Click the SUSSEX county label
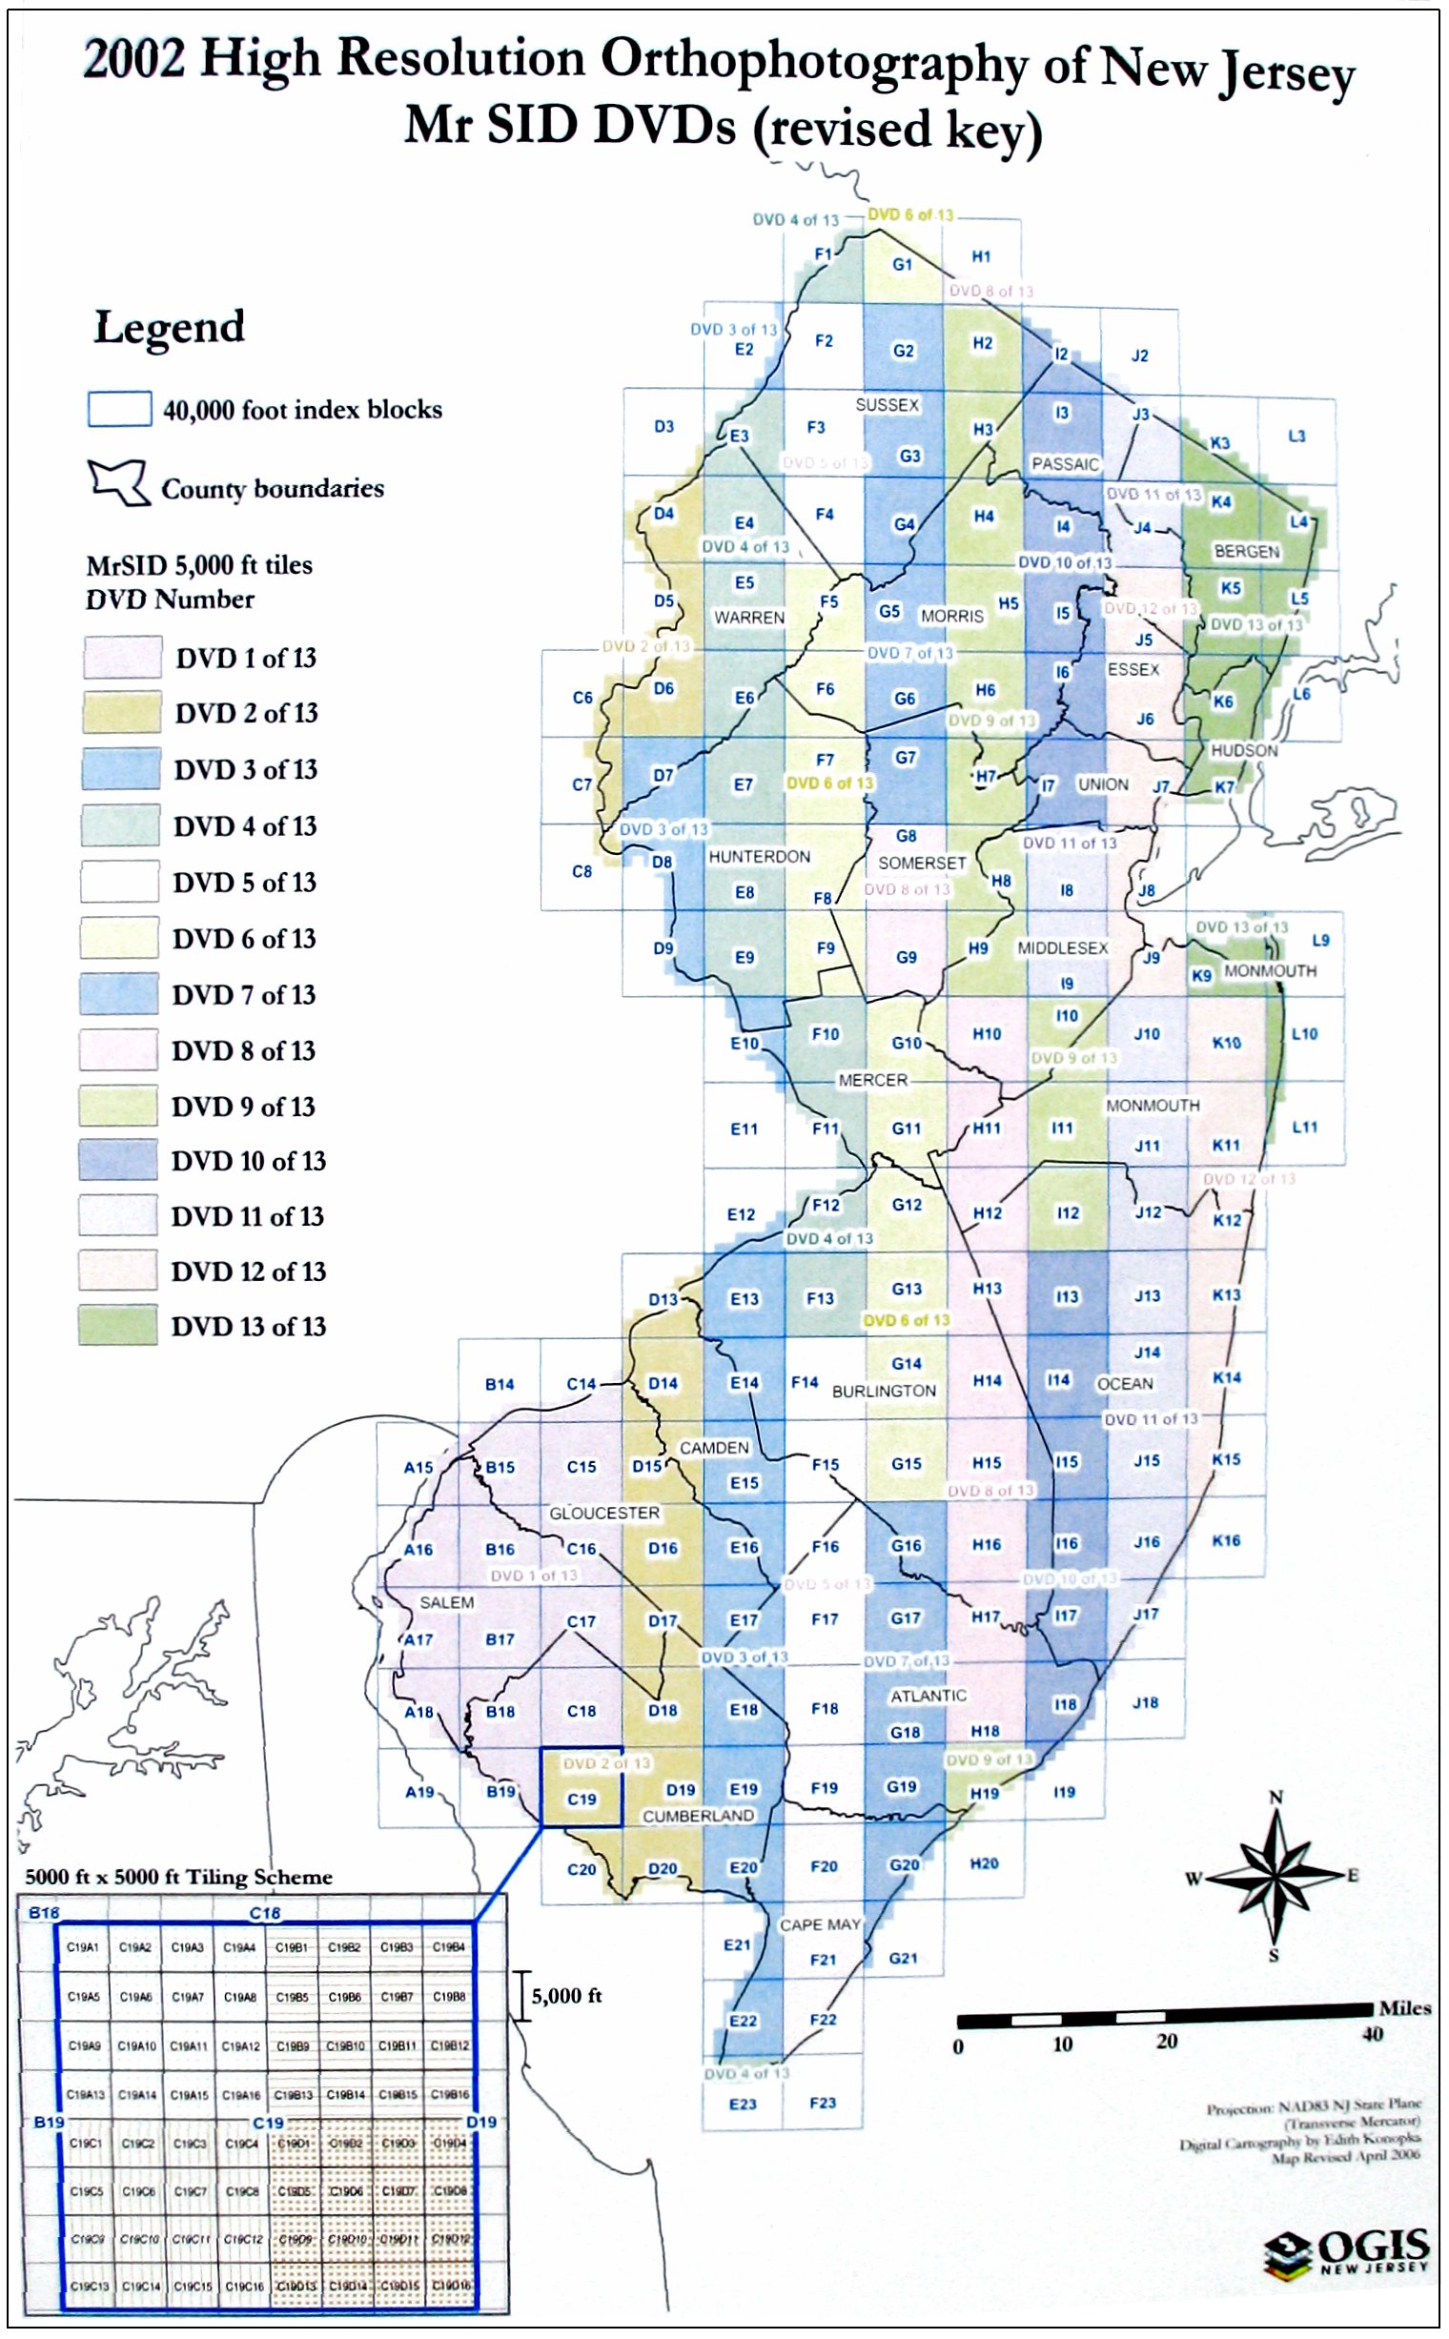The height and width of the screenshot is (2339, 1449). pyautogui.click(x=887, y=405)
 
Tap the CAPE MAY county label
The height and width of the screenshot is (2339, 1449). pyautogui.click(x=820, y=1924)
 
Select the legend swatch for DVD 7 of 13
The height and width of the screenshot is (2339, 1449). pyautogui.click(x=119, y=994)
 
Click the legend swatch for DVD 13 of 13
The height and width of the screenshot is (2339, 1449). pyautogui.click(x=118, y=1325)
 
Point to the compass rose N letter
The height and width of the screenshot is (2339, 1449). pyautogui.click(x=1276, y=1797)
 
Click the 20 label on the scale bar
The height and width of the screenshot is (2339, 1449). pyautogui.click(x=1166, y=2041)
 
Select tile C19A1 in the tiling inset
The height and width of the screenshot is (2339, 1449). pyautogui.click(x=82, y=1947)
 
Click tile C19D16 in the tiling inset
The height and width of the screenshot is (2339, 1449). pyautogui.click(x=449, y=2286)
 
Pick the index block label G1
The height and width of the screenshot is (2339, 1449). pyautogui.click(x=902, y=264)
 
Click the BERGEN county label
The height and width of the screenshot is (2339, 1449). pyautogui.click(x=1246, y=551)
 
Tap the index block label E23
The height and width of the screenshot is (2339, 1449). pyautogui.click(x=743, y=2105)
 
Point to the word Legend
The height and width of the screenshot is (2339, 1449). pyautogui.click(x=169, y=328)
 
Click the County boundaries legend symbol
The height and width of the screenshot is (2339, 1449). pyautogui.click(x=119, y=482)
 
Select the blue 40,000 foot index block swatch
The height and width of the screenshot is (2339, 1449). pyautogui.click(x=119, y=409)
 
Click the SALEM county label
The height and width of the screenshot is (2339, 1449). pyautogui.click(x=446, y=1602)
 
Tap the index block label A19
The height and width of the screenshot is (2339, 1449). pyautogui.click(x=418, y=1792)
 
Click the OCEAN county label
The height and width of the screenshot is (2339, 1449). pyautogui.click(x=1124, y=1384)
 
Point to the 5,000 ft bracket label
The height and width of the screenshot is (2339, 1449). pyautogui.click(x=565, y=1996)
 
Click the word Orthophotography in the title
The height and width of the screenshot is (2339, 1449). pyautogui.click(x=814, y=62)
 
